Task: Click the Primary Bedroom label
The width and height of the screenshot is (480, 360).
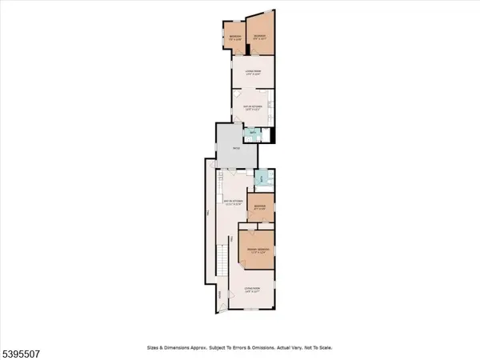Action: (x=258, y=250)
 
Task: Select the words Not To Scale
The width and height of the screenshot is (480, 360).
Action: (x=316, y=348)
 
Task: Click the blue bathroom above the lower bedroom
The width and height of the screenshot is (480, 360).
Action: (x=261, y=179)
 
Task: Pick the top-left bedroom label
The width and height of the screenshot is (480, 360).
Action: (x=234, y=37)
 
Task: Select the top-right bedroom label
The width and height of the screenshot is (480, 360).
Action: (x=258, y=37)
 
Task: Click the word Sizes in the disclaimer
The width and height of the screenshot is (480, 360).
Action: (x=153, y=348)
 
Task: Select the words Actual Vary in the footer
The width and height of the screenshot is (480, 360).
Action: (x=282, y=348)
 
